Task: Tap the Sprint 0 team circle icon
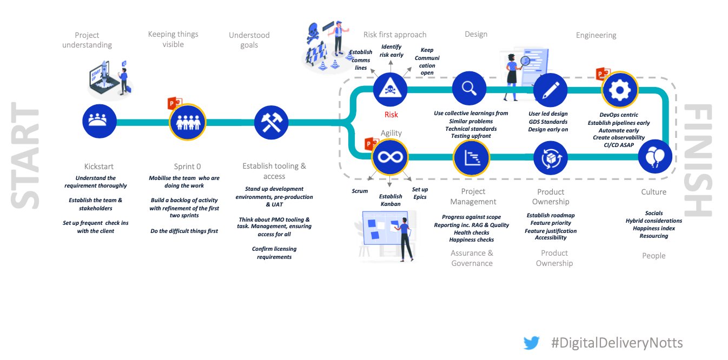coord(187,122)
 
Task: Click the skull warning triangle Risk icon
coord(390,89)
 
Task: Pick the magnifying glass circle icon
coord(469,89)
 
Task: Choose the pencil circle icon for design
coord(550,90)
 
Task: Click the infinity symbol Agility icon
coord(389,157)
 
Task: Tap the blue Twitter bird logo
coord(531,343)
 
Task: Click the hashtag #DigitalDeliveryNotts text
coord(617,343)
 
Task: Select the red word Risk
coord(391,115)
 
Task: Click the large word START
coord(26,158)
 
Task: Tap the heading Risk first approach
coord(395,35)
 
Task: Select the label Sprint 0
coord(187,166)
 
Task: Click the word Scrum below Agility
coord(360,191)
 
